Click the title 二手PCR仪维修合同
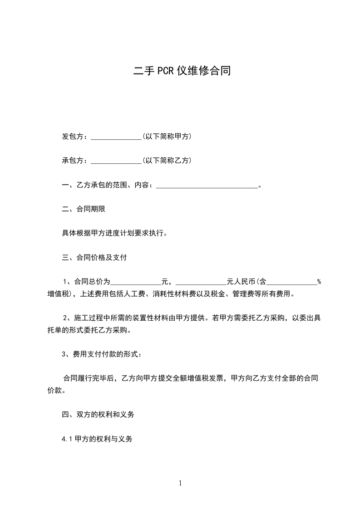180,71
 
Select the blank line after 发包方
117,137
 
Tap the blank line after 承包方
117,161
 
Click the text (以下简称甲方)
166,136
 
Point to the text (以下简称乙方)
166,160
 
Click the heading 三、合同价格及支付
94,258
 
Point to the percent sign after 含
319,282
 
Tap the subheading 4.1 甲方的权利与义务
97,439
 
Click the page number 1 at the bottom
180,483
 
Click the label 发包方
74,136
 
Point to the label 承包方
74,160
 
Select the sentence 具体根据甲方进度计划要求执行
117,234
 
